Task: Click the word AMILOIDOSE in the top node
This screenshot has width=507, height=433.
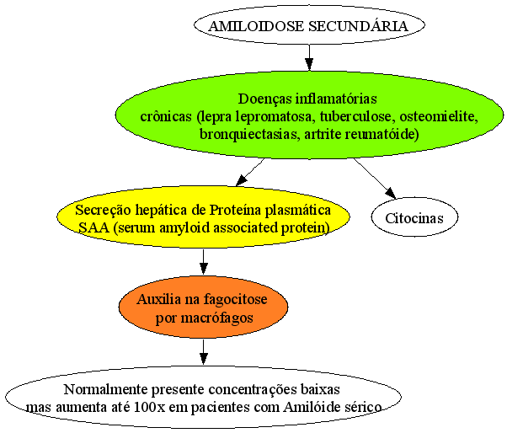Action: click(256, 26)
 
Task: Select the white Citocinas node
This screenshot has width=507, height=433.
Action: click(414, 217)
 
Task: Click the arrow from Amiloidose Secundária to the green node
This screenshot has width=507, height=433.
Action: click(309, 57)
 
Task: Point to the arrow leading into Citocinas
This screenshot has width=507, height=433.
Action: click(375, 179)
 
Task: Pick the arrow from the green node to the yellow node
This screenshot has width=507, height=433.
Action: click(250, 173)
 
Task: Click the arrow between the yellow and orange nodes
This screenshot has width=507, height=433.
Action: click(203, 262)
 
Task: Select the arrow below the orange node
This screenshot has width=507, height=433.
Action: click(203, 352)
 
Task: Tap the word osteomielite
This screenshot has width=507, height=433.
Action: click(439, 116)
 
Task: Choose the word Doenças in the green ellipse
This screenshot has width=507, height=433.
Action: click(264, 99)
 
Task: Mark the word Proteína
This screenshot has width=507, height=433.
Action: click(235, 211)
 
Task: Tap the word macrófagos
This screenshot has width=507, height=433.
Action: click(216, 318)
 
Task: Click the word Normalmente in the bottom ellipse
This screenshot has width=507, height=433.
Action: click(106, 389)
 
